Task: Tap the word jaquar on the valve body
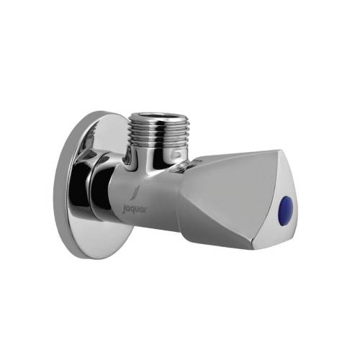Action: click(x=135, y=210)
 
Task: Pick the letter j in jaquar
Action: click(x=123, y=210)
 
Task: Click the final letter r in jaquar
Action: click(x=145, y=210)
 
